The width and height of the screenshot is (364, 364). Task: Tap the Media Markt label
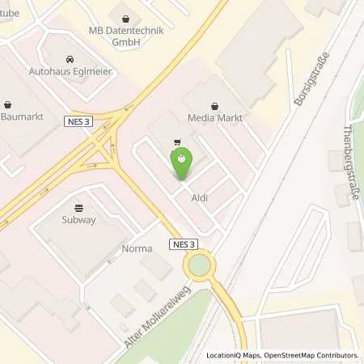click(214, 118)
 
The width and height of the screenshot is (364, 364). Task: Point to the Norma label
click(136, 248)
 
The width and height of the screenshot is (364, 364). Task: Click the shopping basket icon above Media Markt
click(214, 105)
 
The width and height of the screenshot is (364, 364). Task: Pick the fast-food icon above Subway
click(78, 207)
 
